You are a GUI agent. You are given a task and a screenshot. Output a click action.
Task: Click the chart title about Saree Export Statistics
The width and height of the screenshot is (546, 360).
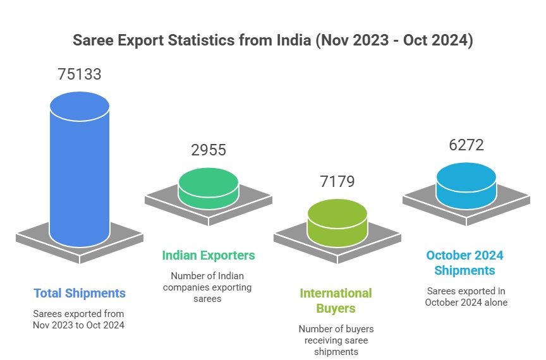click(x=272, y=41)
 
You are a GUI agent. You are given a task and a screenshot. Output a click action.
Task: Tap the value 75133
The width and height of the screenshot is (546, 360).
click(x=80, y=74)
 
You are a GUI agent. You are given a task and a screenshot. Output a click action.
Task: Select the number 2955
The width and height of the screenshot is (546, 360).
click(x=208, y=150)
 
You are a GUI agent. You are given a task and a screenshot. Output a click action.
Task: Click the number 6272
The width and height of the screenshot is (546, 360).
click(x=466, y=145)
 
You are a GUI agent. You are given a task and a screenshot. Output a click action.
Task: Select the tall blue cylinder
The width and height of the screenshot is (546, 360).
click(x=80, y=177)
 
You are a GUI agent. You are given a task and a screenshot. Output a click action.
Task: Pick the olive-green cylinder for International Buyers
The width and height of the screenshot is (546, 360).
click(x=337, y=221)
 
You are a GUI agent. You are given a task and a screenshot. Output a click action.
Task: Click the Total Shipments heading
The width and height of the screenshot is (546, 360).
click(x=80, y=293)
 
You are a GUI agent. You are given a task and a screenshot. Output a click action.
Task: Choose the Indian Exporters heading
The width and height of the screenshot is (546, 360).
click(x=209, y=255)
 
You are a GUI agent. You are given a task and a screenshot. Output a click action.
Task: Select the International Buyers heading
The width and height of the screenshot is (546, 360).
click(x=336, y=301)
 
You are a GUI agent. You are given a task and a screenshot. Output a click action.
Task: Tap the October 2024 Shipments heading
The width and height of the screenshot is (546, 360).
click(x=464, y=263)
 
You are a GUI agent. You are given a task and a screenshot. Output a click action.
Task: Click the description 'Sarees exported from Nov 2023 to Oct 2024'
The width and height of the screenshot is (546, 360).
click(x=79, y=319)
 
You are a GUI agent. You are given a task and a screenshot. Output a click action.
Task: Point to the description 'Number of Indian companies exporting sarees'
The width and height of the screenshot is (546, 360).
click(x=208, y=287)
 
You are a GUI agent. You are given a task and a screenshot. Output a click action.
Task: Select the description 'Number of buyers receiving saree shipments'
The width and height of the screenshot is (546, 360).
click(x=336, y=340)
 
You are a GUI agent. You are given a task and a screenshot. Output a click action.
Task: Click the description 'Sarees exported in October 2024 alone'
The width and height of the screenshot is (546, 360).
click(x=466, y=296)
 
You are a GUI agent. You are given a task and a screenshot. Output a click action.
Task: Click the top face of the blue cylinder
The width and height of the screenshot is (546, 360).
click(x=80, y=107)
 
